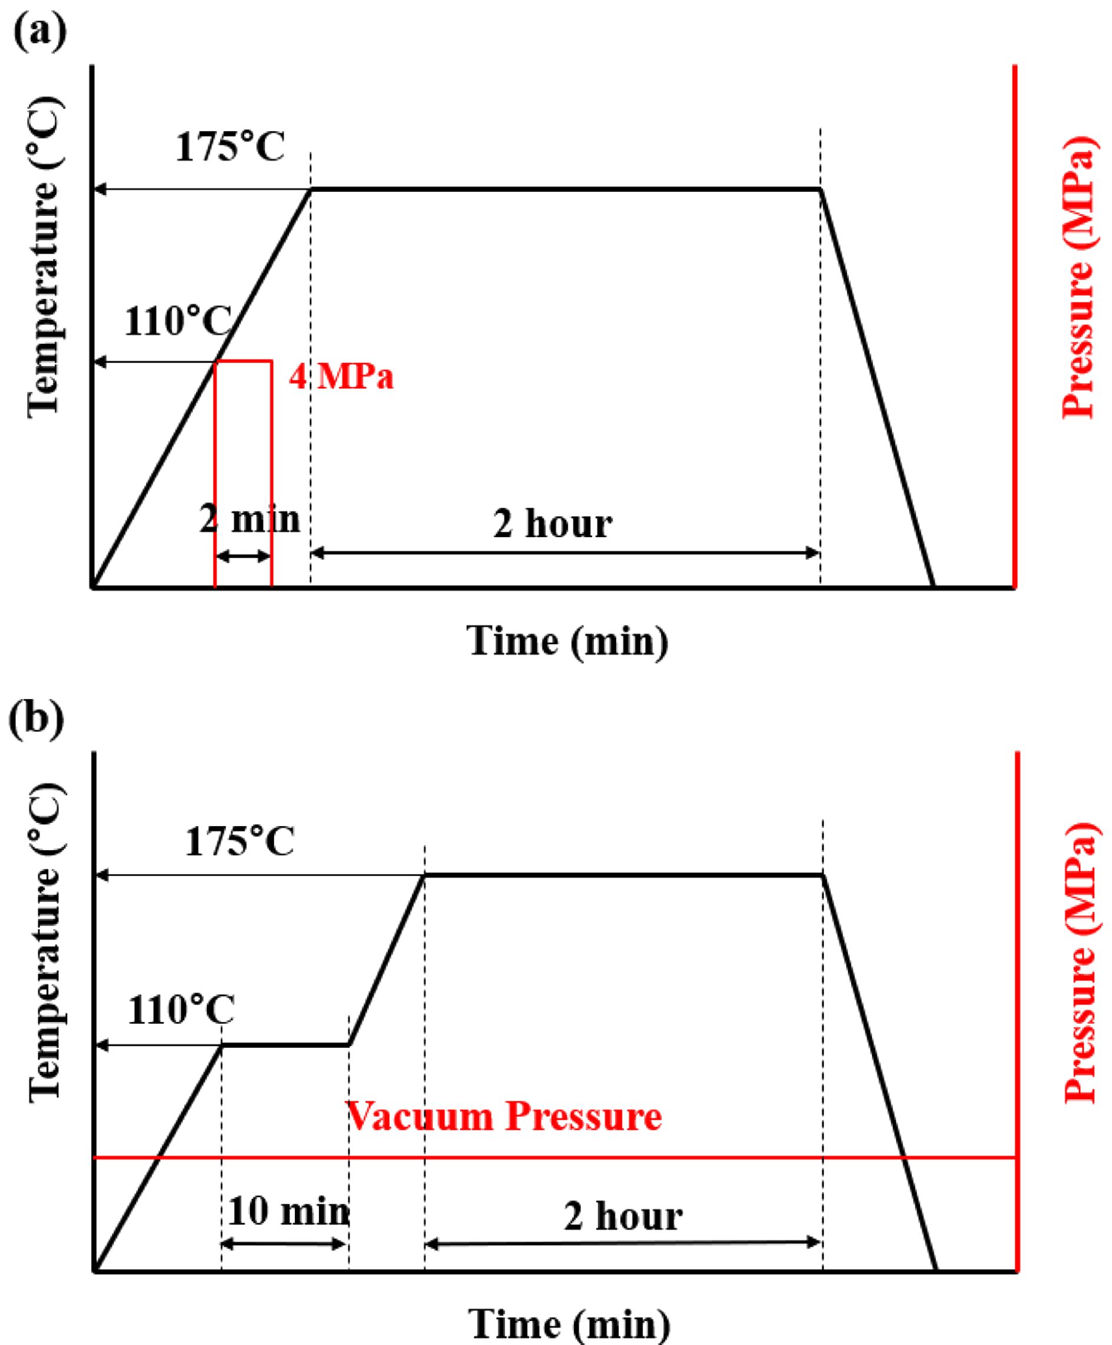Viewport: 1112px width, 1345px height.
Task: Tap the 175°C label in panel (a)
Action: (230, 148)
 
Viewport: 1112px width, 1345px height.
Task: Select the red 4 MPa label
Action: (341, 377)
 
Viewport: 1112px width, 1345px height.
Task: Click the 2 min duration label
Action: (250, 519)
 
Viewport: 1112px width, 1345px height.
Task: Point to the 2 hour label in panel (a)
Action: (552, 525)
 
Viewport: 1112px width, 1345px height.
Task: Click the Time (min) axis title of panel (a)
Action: (568, 641)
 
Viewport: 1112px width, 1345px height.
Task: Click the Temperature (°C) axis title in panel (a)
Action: (45, 256)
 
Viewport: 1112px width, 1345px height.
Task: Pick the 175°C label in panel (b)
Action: (239, 841)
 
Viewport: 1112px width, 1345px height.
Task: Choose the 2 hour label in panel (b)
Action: (622, 1217)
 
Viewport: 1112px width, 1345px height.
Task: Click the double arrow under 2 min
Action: (244, 556)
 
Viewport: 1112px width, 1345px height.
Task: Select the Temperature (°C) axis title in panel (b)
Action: (46, 941)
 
